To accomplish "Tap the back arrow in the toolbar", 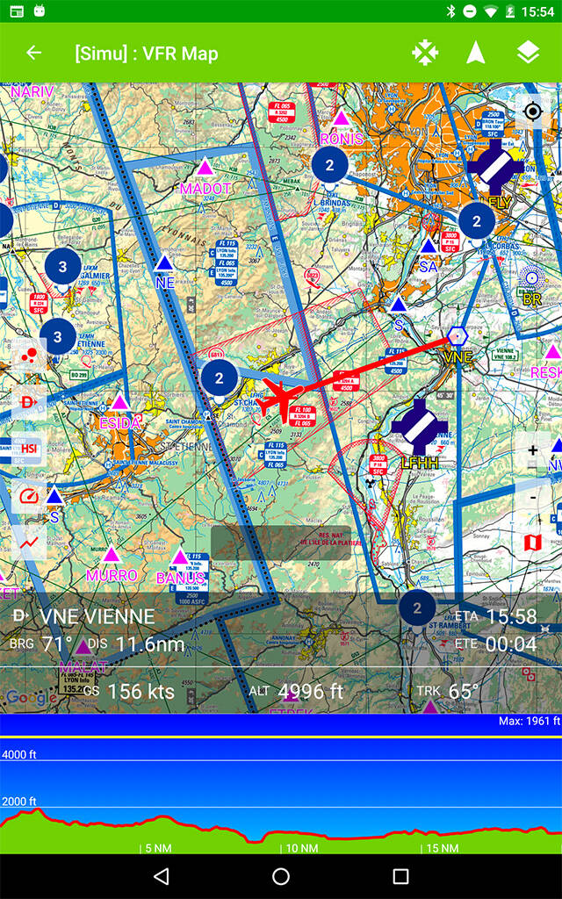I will tap(33, 53).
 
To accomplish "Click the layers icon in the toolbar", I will tap(528, 53).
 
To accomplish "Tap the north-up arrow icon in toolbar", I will tap(476, 53).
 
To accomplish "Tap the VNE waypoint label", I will tap(458, 357).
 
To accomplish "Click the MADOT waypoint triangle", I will tap(205, 167).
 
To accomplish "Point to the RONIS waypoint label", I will tap(342, 139).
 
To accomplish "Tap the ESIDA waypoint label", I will tap(119, 423).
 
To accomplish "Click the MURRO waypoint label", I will tap(112, 576).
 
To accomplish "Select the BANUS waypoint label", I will tap(180, 578).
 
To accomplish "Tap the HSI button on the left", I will tap(29, 449).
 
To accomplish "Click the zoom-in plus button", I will tap(532, 450).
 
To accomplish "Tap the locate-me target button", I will tap(532, 111).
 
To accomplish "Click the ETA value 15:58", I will tap(511, 616).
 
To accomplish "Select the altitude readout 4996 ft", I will tap(310, 691).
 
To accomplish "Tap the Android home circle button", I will tap(281, 876).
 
